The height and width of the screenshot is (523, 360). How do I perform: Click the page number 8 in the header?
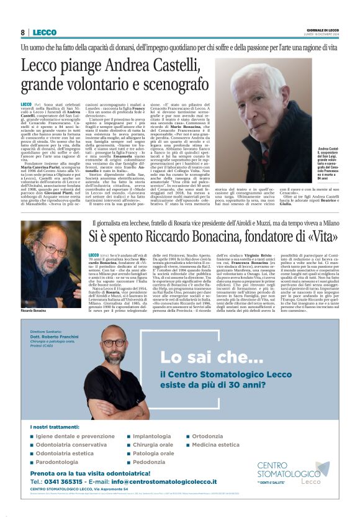tap(22, 32)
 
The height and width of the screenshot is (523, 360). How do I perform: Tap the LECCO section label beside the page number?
tap(44, 32)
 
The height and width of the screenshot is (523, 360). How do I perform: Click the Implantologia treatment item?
tap(152, 436)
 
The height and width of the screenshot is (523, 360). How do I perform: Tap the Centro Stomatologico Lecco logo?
tap(292, 472)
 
